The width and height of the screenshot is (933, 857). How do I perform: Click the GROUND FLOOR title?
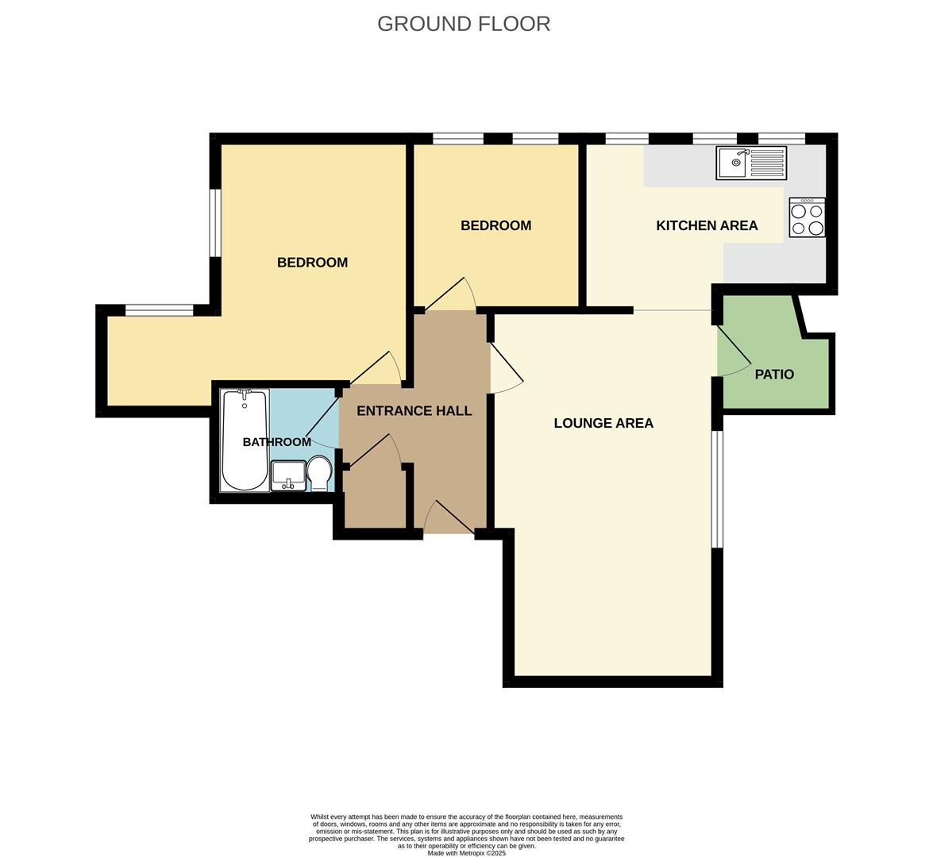point(464,24)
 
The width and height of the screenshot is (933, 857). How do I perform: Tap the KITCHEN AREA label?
point(707,225)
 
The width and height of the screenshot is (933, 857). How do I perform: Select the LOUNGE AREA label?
point(603,423)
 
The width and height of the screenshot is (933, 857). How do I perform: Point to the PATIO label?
point(774,374)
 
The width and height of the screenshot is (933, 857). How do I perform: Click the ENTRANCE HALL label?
point(414,410)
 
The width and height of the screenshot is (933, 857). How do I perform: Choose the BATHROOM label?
point(276,442)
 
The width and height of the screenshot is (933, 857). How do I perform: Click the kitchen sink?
point(751,163)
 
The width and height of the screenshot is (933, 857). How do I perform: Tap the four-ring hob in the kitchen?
point(808,217)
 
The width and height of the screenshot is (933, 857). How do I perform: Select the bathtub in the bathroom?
point(245,440)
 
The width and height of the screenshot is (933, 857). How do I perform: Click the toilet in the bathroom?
point(319,474)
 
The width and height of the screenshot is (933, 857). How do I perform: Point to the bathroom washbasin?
point(288,476)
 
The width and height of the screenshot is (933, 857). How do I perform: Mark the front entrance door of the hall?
point(449,517)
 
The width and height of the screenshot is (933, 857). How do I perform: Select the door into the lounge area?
point(507,368)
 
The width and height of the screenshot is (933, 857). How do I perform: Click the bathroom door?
point(322,419)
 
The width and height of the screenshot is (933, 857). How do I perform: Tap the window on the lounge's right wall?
point(718,488)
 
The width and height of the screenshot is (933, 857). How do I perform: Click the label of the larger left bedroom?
point(312,263)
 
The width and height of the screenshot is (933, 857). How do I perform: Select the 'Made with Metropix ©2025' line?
point(467,853)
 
